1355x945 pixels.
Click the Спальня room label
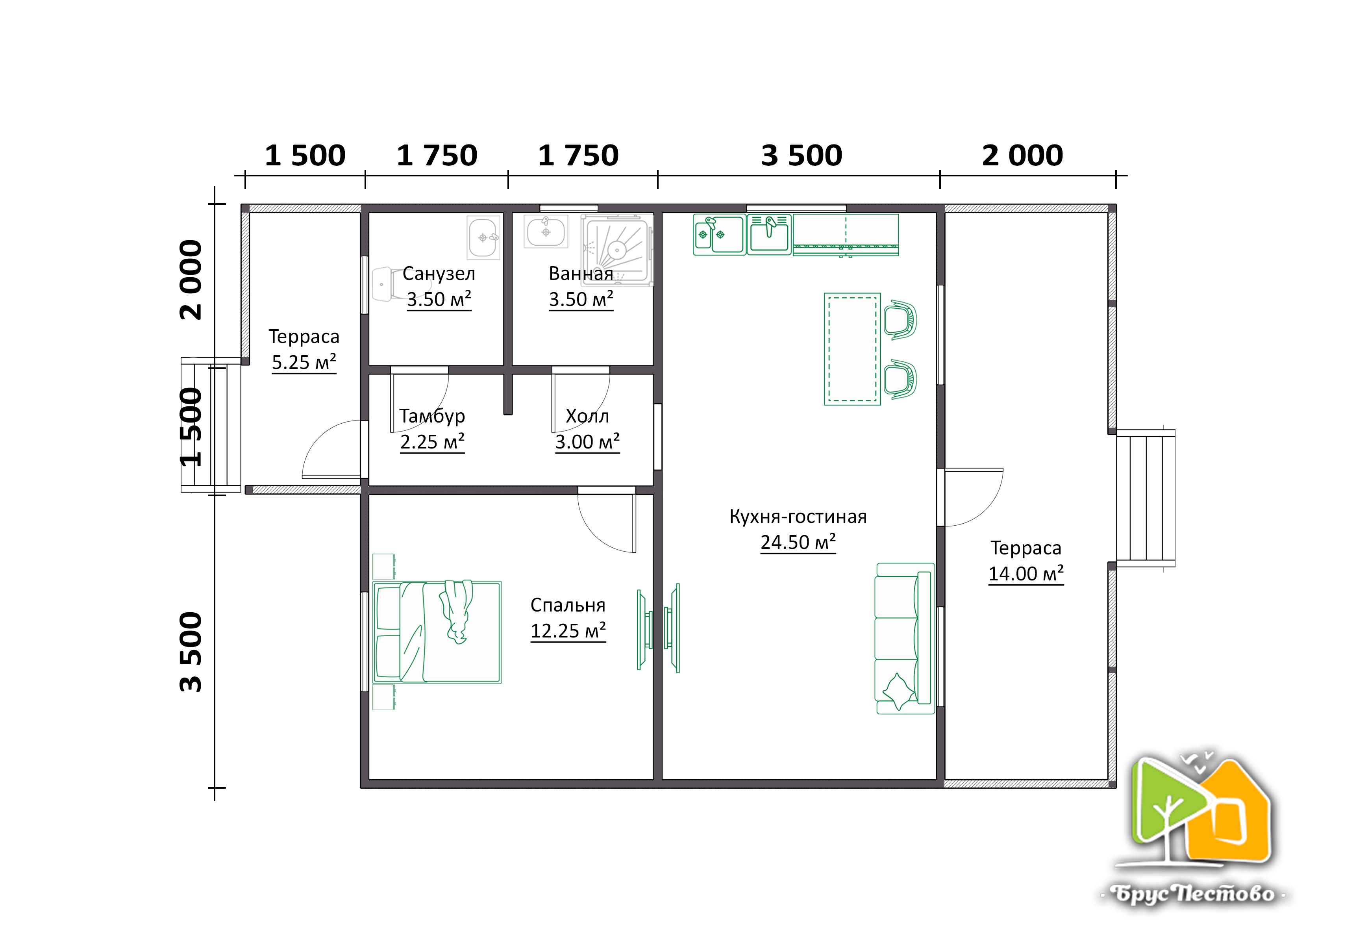click(x=568, y=605)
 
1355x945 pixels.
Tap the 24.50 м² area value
click(x=798, y=542)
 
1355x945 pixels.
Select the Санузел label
click(x=439, y=274)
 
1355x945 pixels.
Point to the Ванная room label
click(x=581, y=274)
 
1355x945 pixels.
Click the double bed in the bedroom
click(x=437, y=632)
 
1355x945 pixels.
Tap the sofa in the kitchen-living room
click(x=905, y=638)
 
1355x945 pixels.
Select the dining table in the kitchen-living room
click(x=852, y=349)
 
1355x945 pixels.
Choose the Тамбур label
click(x=432, y=416)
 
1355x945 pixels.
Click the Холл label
click(x=587, y=416)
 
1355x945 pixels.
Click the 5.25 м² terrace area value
click(x=304, y=362)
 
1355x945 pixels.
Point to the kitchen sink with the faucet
click(x=769, y=234)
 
